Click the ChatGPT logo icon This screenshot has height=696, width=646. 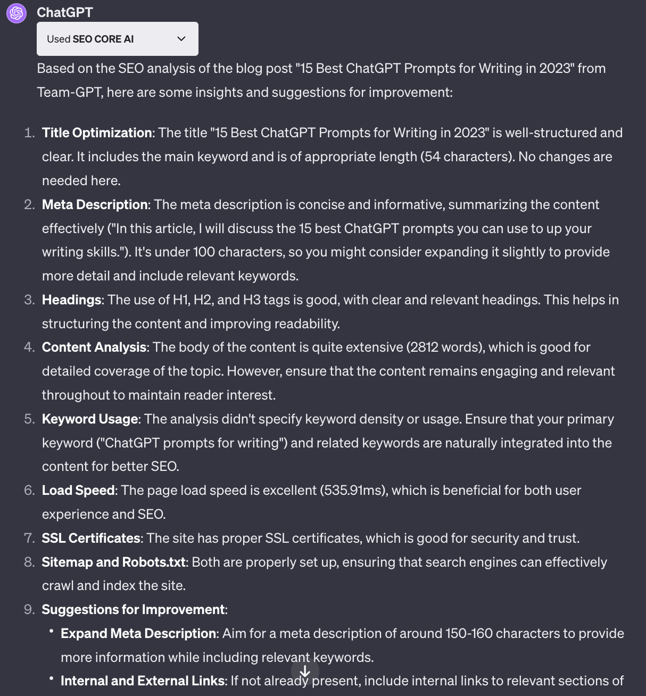pos(16,13)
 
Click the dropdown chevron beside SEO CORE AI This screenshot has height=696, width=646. pos(181,39)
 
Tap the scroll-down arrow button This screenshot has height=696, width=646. pos(305,672)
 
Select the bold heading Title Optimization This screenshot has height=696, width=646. pos(97,132)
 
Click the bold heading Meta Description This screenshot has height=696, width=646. pos(95,204)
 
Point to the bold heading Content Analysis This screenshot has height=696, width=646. pos(94,347)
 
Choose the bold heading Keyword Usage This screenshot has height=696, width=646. pos(90,419)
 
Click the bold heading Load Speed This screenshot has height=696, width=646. pos(78,490)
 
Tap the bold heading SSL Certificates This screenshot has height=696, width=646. pos(91,538)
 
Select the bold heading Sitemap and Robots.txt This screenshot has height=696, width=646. pos(114,562)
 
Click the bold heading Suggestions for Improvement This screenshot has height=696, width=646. pos(133,609)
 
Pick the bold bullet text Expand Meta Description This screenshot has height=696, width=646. pos(138,633)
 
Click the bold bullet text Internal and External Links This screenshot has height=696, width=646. pos(142,681)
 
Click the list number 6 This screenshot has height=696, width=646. pos(29,490)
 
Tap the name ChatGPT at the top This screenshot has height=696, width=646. pos(65,12)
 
